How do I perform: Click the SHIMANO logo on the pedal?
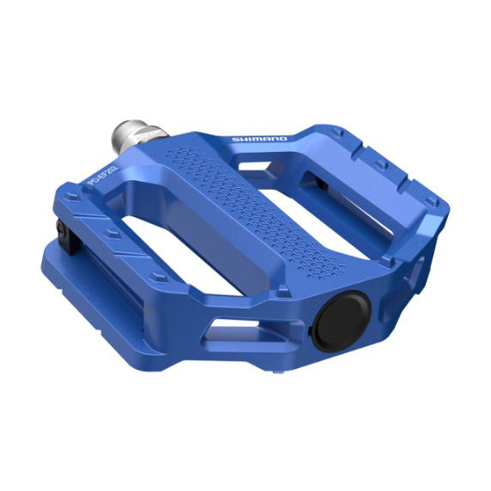[x=260, y=138]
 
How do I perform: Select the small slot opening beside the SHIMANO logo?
[x=303, y=162]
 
